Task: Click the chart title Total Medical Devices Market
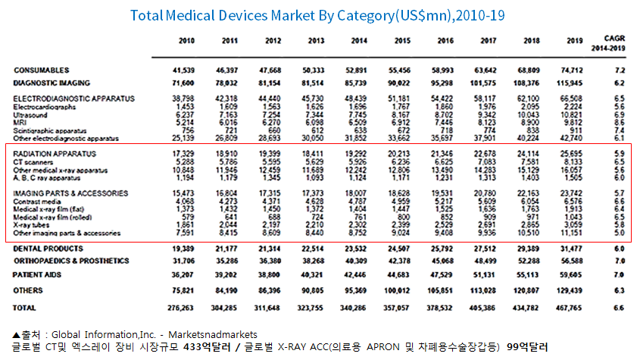317,15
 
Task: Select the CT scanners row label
33,161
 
